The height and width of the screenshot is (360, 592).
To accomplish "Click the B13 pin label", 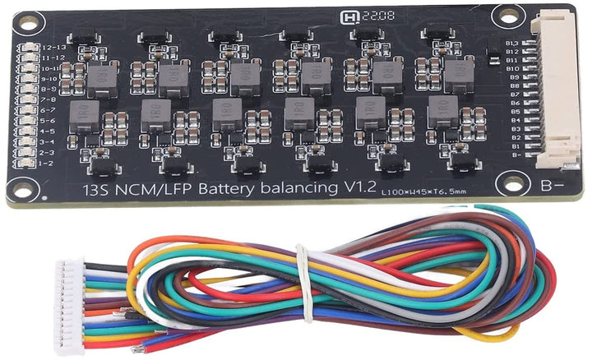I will click(x=512, y=43).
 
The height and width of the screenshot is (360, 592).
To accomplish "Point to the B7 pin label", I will click(x=512, y=95).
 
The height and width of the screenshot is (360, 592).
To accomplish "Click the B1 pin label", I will click(x=512, y=145).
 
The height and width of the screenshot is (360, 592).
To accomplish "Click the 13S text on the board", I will click(x=98, y=190).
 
